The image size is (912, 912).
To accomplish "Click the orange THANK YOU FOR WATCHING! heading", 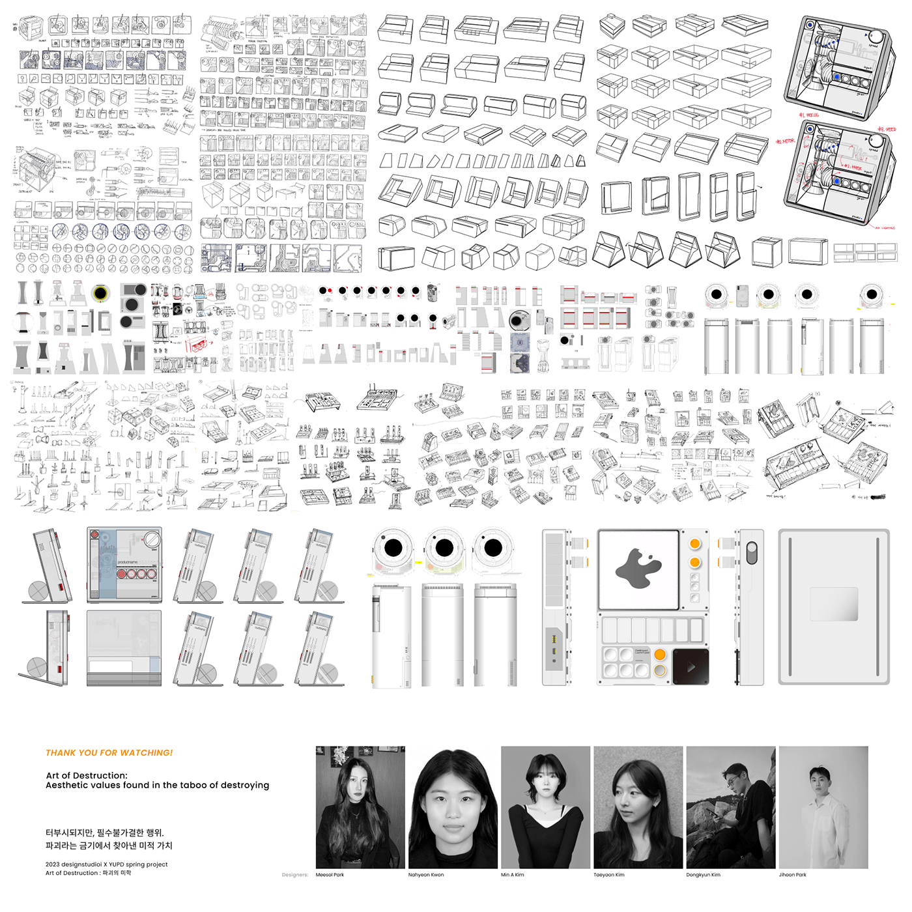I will [109, 753].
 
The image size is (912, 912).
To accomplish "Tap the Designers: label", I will [295, 875].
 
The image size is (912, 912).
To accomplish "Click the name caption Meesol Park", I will [330, 875].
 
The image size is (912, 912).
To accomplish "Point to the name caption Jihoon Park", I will [792, 875].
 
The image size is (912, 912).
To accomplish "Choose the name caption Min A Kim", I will [512, 875].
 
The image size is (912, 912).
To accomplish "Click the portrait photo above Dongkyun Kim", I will [730, 807].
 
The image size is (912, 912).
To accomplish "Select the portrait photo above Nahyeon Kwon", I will [453, 807].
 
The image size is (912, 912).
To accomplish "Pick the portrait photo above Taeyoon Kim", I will [638, 807].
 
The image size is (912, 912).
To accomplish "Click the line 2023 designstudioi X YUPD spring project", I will [107, 864].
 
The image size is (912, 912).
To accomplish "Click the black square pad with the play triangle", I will [690, 666].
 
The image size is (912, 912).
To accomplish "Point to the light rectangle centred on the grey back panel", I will [834, 604].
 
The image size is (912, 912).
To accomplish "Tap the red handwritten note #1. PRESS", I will [809, 115].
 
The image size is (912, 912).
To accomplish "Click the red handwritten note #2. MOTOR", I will [785, 141].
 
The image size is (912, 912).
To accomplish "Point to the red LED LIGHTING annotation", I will [885, 228].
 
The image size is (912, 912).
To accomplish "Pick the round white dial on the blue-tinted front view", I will [151, 539].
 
